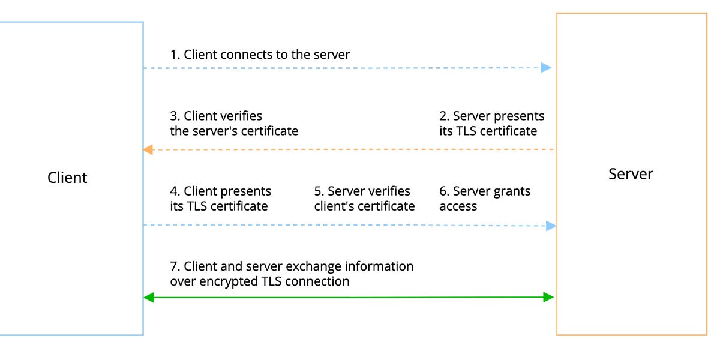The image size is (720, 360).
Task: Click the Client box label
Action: click(x=67, y=178)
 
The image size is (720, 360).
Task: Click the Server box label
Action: click(x=631, y=174)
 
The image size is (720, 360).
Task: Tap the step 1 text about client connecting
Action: click(x=260, y=55)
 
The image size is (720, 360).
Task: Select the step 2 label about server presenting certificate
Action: click(x=491, y=124)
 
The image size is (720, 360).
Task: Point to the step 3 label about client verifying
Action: click(x=234, y=124)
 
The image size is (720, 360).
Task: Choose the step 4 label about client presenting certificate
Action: click(x=220, y=199)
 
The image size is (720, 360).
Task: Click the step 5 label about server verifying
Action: click(x=364, y=199)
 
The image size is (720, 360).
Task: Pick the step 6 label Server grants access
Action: click(x=485, y=199)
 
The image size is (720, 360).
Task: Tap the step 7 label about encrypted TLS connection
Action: click(x=292, y=274)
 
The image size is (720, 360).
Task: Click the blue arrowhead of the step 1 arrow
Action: click(x=546, y=68)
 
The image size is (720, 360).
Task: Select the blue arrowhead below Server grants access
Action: click(x=550, y=226)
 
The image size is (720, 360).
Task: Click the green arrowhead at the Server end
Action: click(x=548, y=297)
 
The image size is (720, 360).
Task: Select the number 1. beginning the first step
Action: click(x=175, y=55)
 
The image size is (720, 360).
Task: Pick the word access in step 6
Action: click(x=458, y=206)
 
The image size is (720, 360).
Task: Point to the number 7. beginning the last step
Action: click(x=175, y=266)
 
